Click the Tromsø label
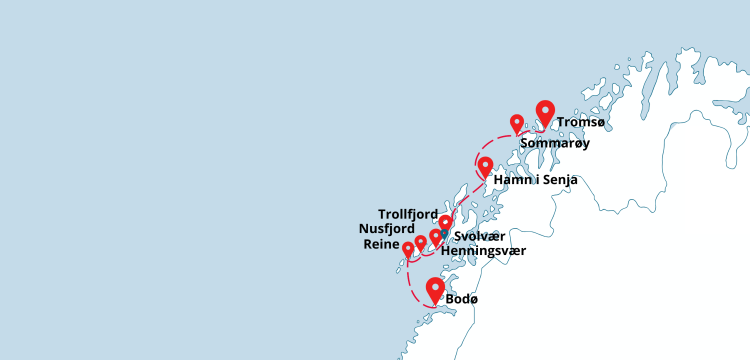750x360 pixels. pyautogui.click(x=581, y=122)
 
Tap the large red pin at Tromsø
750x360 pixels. pyautogui.click(x=545, y=112)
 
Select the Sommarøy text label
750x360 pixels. pyautogui.click(x=555, y=143)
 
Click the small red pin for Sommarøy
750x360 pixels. pyautogui.click(x=517, y=123)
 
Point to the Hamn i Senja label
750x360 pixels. pyautogui.click(x=536, y=181)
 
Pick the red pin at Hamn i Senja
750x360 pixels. pyautogui.click(x=485, y=166)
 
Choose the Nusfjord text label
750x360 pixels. pyautogui.click(x=387, y=228)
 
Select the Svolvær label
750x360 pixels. pyautogui.click(x=477, y=236)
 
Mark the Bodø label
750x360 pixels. pyautogui.click(x=462, y=299)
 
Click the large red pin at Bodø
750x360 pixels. pyautogui.click(x=435, y=289)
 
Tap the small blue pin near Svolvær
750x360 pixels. pyautogui.click(x=444, y=235)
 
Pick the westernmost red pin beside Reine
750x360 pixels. pyautogui.click(x=408, y=248)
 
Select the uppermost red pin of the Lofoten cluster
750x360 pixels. pyautogui.click(x=445, y=222)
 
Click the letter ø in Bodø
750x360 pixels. pyautogui.click(x=474, y=299)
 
